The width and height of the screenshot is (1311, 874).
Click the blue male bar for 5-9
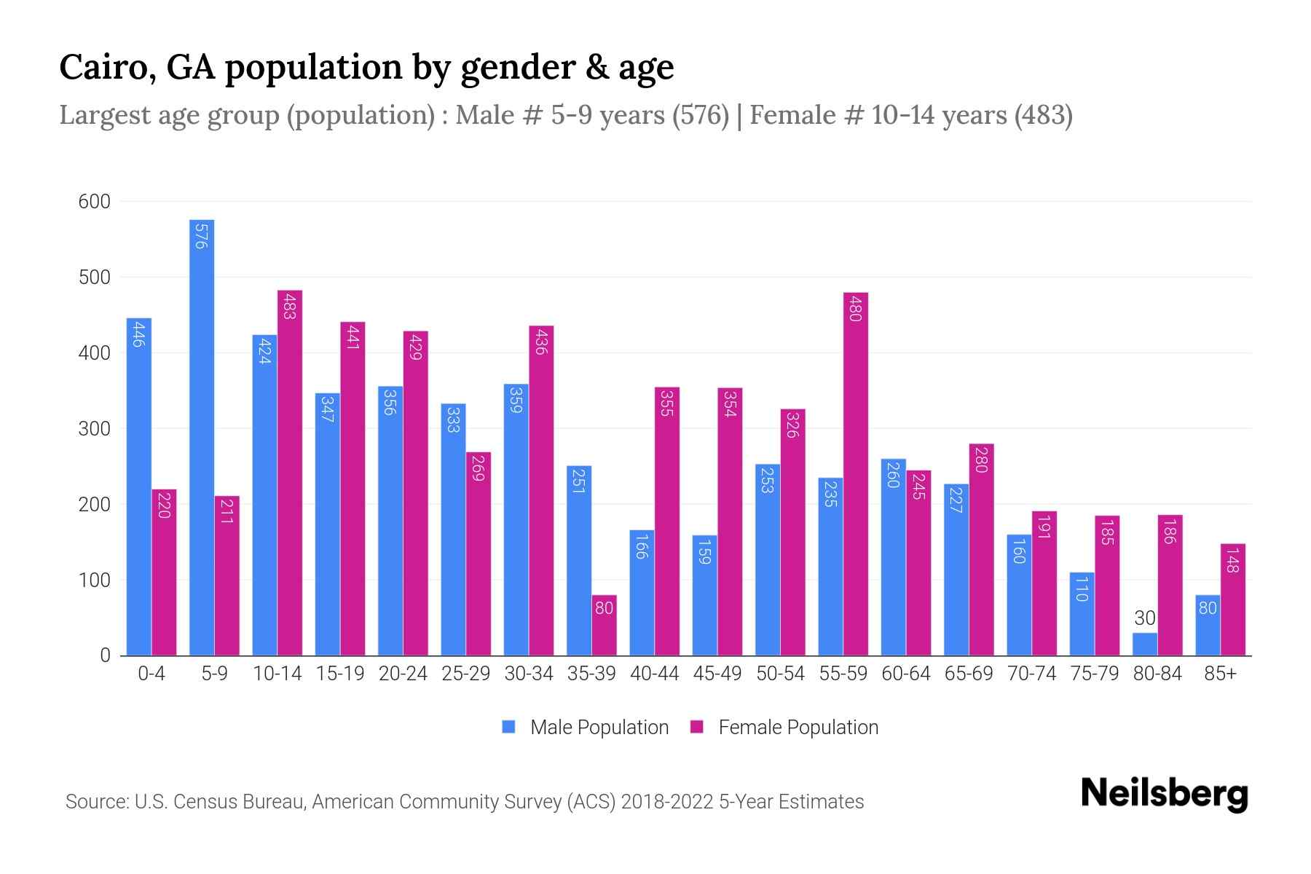click(x=202, y=437)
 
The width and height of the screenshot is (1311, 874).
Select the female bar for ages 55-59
click(x=856, y=473)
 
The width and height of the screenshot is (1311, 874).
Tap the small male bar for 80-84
click(x=1144, y=644)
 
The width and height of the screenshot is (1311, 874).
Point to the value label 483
click(x=289, y=306)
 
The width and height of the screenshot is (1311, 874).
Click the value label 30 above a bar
click(x=1144, y=618)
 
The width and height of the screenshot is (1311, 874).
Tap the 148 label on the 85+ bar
click(x=1232, y=559)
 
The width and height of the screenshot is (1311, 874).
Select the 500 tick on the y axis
click(x=94, y=277)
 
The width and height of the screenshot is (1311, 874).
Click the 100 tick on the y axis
click(x=94, y=580)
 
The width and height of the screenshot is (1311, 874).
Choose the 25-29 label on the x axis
click(x=465, y=674)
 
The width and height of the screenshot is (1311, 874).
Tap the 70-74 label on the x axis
click(x=1031, y=674)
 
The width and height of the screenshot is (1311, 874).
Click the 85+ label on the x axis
click(x=1220, y=674)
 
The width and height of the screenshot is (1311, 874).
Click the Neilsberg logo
click(x=1164, y=794)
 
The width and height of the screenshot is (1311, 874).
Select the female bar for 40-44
click(x=667, y=521)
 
